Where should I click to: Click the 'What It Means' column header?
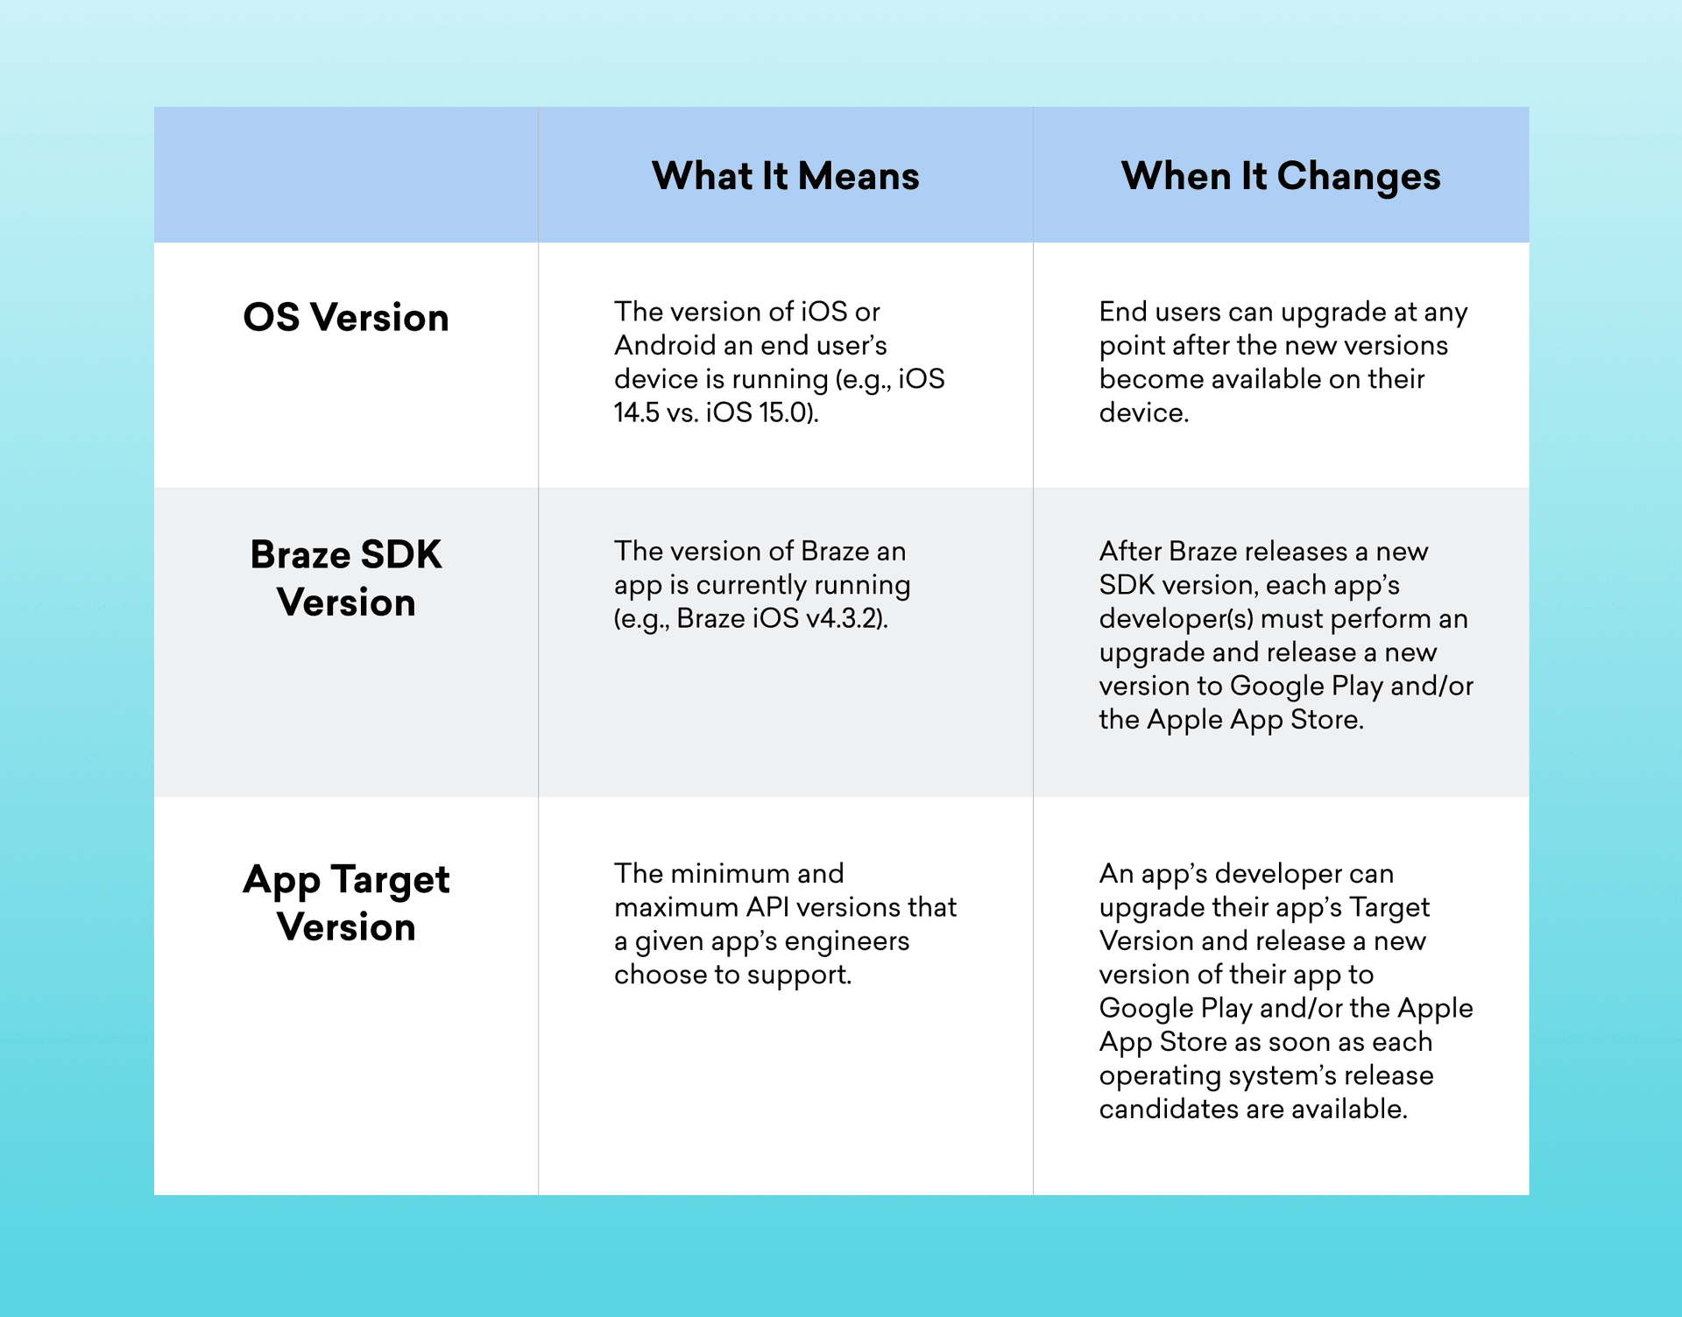tap(786, 176)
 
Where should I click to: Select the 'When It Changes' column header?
tap(1281, 177)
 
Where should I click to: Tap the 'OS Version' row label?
tap(346, 317)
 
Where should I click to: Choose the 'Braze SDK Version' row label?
tap(346, 578)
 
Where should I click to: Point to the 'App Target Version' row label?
tap(346, 903)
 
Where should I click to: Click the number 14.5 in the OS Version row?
tap(636, 412)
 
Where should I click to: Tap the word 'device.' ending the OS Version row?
tap(1144, 412)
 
